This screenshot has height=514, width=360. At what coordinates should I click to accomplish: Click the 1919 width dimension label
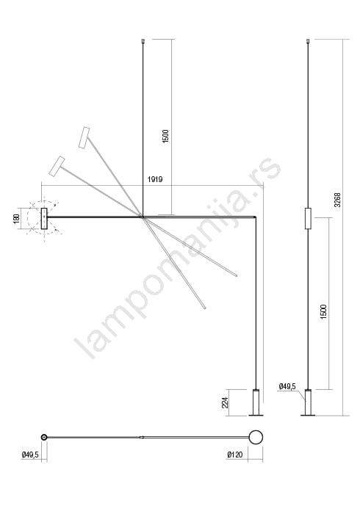click(155, 179)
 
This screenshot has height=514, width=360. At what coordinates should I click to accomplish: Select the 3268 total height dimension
click(337, 200)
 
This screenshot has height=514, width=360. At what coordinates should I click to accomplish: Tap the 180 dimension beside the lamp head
click(16, 218)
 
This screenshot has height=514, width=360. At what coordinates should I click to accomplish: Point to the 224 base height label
click(226, 403)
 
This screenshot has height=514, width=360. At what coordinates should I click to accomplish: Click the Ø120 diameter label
click(235, 455)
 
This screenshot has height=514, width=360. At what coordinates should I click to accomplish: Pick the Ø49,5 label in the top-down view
click(30, 455)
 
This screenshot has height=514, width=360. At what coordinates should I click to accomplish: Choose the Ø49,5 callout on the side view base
click(287, 386)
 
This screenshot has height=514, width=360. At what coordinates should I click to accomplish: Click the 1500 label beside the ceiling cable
click(165, 136)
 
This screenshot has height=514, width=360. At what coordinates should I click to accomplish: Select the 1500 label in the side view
click(323, 312)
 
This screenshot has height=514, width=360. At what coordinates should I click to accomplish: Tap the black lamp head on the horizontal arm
click(44, 218)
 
